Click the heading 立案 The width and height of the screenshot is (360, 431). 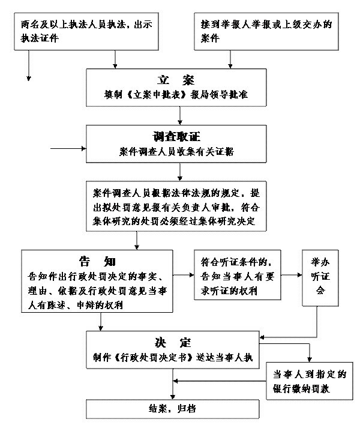(x=176, y=80)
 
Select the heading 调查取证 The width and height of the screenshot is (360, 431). (x=176, y=137)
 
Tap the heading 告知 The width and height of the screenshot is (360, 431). (x=97, y=261)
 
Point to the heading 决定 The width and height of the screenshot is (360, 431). (x=173, y=343)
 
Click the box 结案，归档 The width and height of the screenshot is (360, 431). (x=173, y=409)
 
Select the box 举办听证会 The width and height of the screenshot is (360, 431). (x=320, y=278)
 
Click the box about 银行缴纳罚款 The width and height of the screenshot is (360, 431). (x=310, y=381)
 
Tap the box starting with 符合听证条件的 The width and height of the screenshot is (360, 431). (x=238, y=275)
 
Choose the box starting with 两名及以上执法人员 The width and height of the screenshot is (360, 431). (x=86, y=31)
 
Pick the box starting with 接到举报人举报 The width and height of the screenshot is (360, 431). (x=266, y=31)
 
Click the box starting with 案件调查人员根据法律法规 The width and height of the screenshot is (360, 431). (x=176, y=206)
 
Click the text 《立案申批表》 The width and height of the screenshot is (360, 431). (x=157, y=95)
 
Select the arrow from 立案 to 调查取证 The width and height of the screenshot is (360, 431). (x=180, y=116)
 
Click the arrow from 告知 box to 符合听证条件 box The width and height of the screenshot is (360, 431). (x=183, y=275)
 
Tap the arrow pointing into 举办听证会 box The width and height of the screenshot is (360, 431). (x=291, y=275)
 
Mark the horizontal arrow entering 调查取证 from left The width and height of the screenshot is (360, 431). (x=68, y=148)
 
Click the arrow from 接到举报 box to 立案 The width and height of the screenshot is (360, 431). (x=230, y=59)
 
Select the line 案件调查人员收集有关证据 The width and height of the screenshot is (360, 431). (x=176, y=151)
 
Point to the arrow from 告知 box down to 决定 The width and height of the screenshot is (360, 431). (x=101, y=322)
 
